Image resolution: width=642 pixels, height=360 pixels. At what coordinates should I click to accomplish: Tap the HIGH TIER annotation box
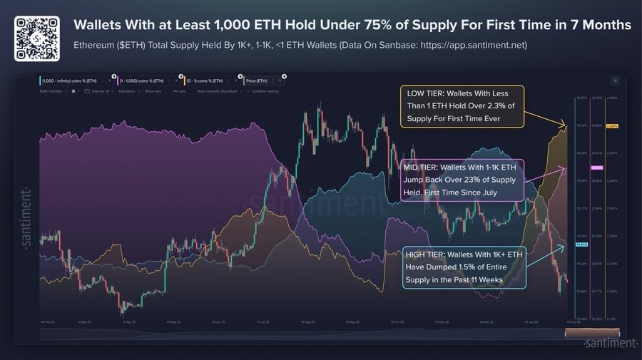(464, 267)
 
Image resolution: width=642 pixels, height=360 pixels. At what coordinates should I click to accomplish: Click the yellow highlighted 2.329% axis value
(611, 126)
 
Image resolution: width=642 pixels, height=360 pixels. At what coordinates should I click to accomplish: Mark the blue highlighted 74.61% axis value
(581, 245)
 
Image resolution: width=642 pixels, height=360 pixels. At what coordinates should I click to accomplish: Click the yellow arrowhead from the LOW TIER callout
(566, 125)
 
